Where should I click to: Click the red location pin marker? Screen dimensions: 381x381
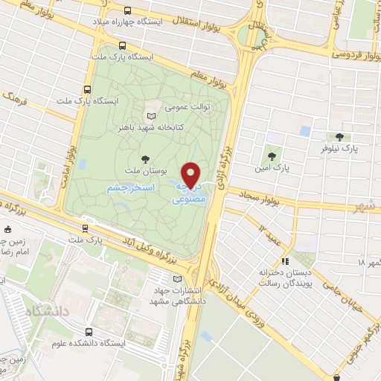tap(192, 175)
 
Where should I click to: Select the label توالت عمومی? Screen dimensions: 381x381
tap(183, 106)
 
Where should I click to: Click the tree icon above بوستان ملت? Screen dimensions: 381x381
tap(145, 159)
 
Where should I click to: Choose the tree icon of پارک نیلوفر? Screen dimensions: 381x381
tap(340, 137)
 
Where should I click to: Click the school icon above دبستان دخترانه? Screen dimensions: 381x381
tap(284, 261)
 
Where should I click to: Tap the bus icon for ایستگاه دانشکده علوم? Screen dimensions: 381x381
tap(89, 332)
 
